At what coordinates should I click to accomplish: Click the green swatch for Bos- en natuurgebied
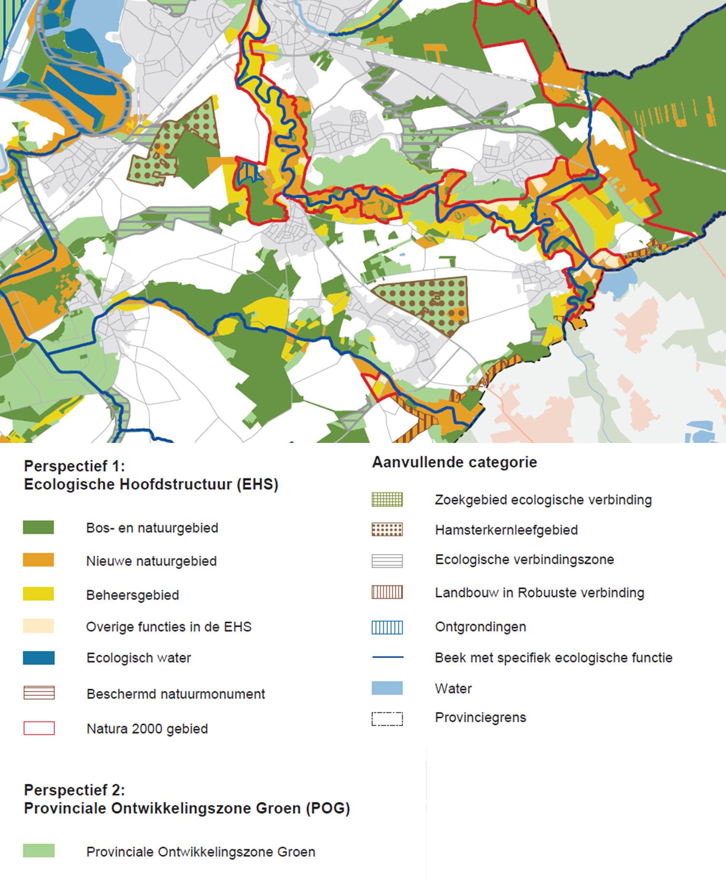pyautogui.click(x=39, y=528)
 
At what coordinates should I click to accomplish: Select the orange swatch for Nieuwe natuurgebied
pyautogui.click(x=39, y=560)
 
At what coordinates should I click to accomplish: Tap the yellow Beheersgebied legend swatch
pyautogui.click(x=39, y=594)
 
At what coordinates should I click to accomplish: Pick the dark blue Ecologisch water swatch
pyautogui.click(x=39, y=658)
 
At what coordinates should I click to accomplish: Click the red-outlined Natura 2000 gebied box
pyautogui.click(x=39, y=728)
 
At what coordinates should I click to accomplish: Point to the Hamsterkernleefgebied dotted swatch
pyautogui.click(x=387, y=529)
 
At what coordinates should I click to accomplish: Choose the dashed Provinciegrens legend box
pyautogui.click(x=387, y=719)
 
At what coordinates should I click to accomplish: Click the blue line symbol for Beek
pyautogui.click(x=387, y=657)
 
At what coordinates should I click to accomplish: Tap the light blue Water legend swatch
pyautogui.click(x=387, y=688)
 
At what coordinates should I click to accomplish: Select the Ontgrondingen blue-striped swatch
pyautogui.click(x=387, y=627)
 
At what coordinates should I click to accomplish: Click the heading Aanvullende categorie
pyautogui.click(x=454, y=462)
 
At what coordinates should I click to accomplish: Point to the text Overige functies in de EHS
pyautogui.click(x=169, y=627)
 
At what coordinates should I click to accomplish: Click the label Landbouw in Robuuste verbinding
pyautogui.click(x=540, y=593)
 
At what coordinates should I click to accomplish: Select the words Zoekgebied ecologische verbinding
pyautogui.click(x=543, y=499)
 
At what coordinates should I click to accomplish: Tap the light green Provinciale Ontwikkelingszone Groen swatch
pyautogui.click(x=39, y=851)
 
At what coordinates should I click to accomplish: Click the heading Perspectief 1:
pyautogui.click(x=74, y=466)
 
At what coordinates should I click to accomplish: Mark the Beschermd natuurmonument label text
pyautogui.click(x=176, y=694)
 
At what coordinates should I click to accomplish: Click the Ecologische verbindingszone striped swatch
pyautogui.click(x=387, y=560)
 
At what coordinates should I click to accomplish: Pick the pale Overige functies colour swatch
pyautogui.click(x=39, y=626)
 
